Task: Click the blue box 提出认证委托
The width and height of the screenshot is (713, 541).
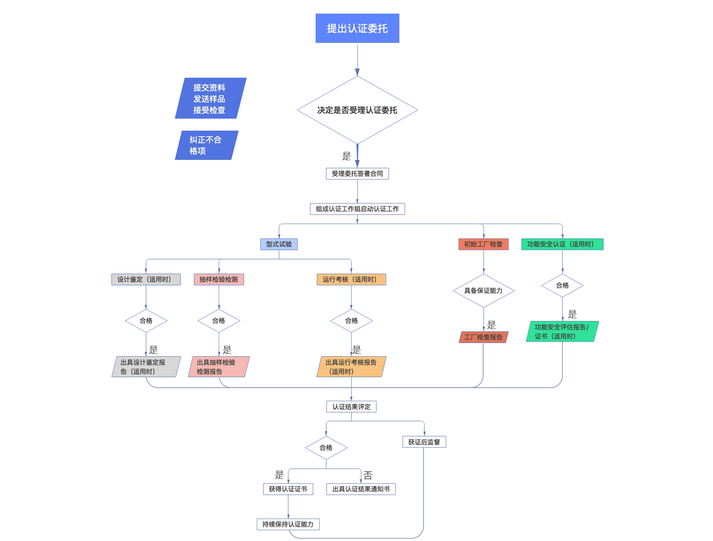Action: pyautogui.click(x=357, y=29)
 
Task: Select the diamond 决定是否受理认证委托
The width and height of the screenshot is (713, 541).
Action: pyautogui.click(x=357, y=110)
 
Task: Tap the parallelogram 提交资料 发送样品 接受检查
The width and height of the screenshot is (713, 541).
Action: pyautogui.click(x=210, y=99)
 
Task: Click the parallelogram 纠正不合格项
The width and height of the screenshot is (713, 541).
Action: pyautogui.click(x=206, y=145)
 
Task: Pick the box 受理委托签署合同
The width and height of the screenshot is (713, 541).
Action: pyautogui.click(x=357, y=174)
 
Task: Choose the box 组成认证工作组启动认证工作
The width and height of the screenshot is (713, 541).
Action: pyautogui.click(x=357, y=209)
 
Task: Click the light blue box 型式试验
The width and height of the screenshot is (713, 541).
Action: pyautogui.click(x=279, y=244)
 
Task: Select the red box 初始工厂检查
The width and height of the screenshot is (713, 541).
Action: pyautogui.click(x=483, y=244)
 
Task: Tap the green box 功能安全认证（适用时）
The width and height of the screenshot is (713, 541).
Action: pyautogui.click(x=562, y=244)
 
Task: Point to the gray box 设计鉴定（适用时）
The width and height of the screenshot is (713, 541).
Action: pyautogui.click(x=146, y=279)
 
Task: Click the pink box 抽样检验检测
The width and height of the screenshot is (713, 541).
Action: pyautogui.click(x=219, y=279)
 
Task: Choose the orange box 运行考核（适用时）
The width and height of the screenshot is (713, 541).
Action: pyautogui.click(x=351, y=279)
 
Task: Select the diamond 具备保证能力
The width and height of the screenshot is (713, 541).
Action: pyautogui.click(x=483, y=291)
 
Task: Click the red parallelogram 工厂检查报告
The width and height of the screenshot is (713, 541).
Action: pyautogui.click(x=483, y=337)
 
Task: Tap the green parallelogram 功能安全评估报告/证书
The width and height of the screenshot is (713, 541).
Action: pyautogui.click(x=562, y=331)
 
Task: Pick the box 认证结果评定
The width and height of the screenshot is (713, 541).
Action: pyautogui.click(x=351, y=407)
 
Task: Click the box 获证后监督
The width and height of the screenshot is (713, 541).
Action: pyautogui.click(x=424, y=442)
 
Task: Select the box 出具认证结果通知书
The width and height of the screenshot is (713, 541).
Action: pyautogui.click(x=361, y=489)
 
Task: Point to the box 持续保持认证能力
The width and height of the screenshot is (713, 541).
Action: pyautogui.click(x=288, y=524)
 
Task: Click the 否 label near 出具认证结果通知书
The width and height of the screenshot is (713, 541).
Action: pyautogui.click(x=368, y=476)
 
